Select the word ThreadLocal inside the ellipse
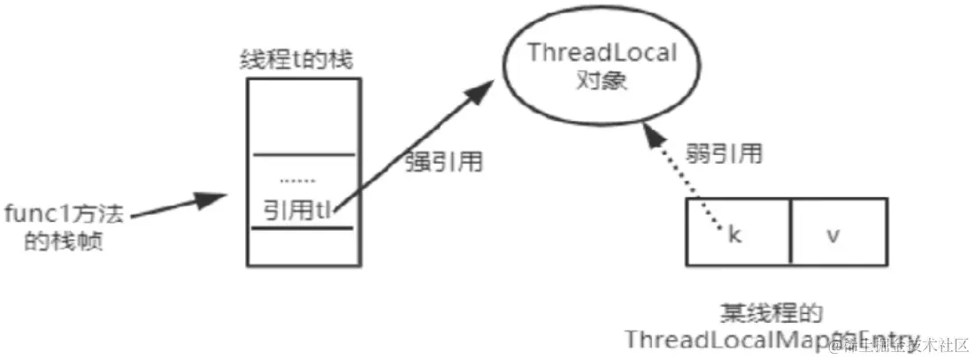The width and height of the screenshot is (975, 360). click(x=601, y=53)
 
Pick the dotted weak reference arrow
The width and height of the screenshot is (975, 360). click(x=686, y=177)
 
